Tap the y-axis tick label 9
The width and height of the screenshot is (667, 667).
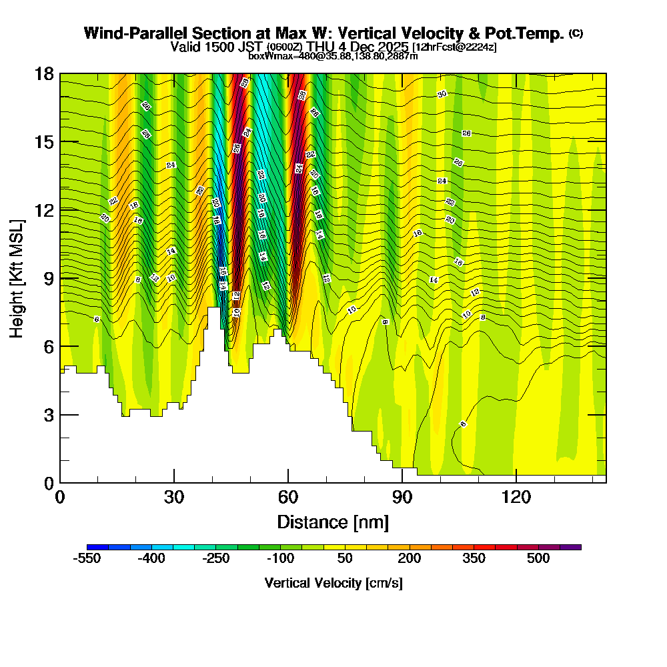47,278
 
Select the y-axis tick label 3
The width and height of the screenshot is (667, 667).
47,415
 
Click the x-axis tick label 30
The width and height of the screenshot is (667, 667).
174,497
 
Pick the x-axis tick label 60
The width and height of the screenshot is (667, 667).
288,497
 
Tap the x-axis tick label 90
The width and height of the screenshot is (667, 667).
402,497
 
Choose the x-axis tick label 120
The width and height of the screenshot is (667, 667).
516,497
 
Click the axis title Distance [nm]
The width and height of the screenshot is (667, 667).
333,522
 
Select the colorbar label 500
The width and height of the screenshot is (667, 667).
538,559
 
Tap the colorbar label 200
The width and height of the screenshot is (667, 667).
410,559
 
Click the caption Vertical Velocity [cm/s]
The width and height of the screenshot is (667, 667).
333,583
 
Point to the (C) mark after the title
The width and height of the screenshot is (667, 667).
576,33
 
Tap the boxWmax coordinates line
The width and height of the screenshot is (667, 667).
333,56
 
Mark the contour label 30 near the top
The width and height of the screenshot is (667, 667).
442,94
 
